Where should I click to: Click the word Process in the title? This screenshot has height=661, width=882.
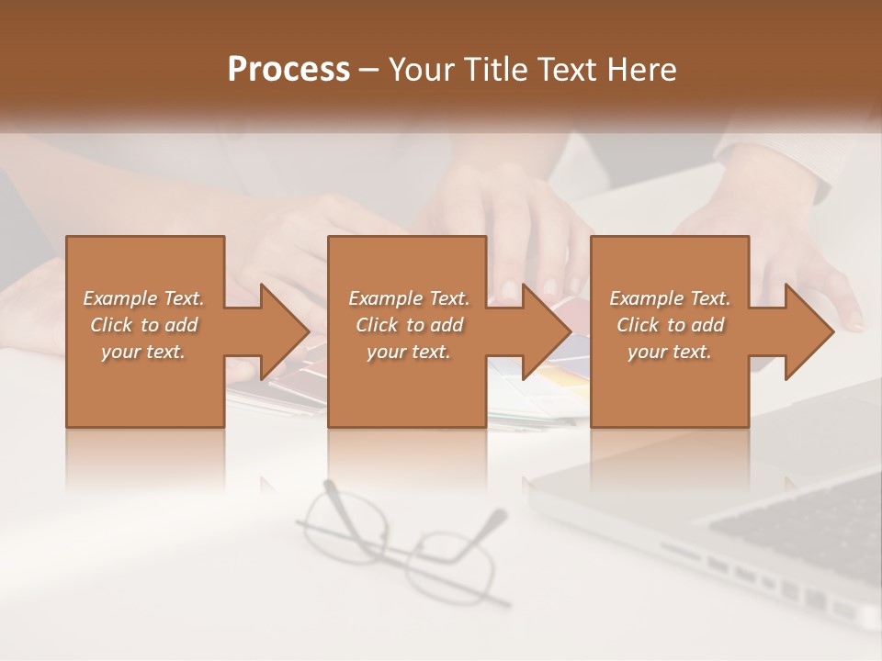pyautogui.click(x=288, y=70)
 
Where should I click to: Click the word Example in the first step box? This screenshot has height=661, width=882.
pyautogui.click(x=119, y=298)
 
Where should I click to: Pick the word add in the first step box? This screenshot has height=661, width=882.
pyautogui.click(x=181, y=325)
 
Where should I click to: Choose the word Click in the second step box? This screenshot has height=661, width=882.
pyautogui.click(x=377, y=325)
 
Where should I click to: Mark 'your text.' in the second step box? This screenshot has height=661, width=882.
pyautogui.click(x=409, y=352)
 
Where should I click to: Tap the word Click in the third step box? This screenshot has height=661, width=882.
pyautogui.click(x=638, y=325)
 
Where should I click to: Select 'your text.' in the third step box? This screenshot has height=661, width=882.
pyautogui.click(x=670, y=352)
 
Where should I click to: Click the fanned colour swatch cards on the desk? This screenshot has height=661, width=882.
pyautogui.click(x=551, y=386)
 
